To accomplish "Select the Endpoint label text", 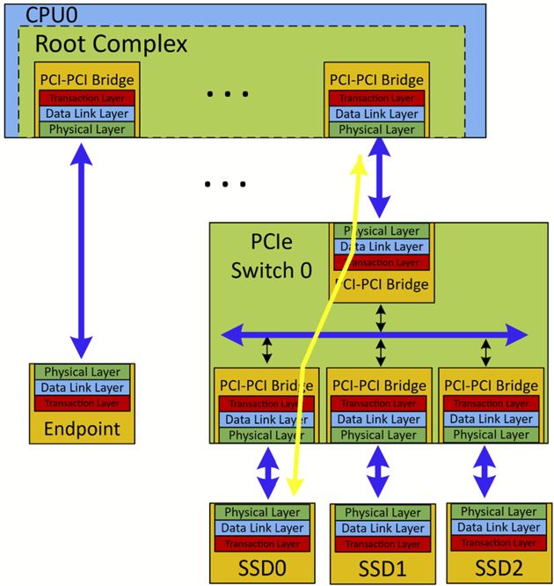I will click(x=81, y=430).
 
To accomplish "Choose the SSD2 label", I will click(x=499, y=567).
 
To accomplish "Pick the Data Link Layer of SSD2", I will click(x=499, y=528).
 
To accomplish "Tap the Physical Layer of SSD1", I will click(x=381, y=512).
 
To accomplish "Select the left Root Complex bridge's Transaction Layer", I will click(x=87, y=98).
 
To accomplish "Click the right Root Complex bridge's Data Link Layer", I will click(x=377, y=114).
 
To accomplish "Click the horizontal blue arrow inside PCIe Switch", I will click(x=374, y=334).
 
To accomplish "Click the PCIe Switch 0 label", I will click(x=271, y=255).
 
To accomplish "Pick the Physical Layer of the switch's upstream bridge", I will click(x=380, y=231).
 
